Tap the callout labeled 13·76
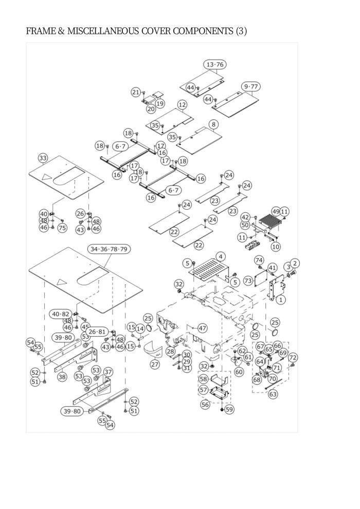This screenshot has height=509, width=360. coord(215,65)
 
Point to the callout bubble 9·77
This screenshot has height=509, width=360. coord(251,87)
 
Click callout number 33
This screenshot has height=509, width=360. coord(43,158)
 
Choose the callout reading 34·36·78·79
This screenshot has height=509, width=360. coord(109,249)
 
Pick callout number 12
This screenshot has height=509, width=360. coord(182,104)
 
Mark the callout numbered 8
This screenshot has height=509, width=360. coord(213,124)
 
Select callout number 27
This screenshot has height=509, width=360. coord(155,365)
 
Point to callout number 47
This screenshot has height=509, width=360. coord(202,328)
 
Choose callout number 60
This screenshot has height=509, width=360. coord(239,372)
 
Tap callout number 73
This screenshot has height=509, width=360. coord(248,281)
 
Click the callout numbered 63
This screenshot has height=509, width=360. coord(273,394)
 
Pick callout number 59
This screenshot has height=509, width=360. coord(229,409)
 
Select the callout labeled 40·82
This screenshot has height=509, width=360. coord(61,314)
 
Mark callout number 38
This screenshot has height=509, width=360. coord(62,376)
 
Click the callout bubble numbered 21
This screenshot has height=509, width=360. coord(136,92)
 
